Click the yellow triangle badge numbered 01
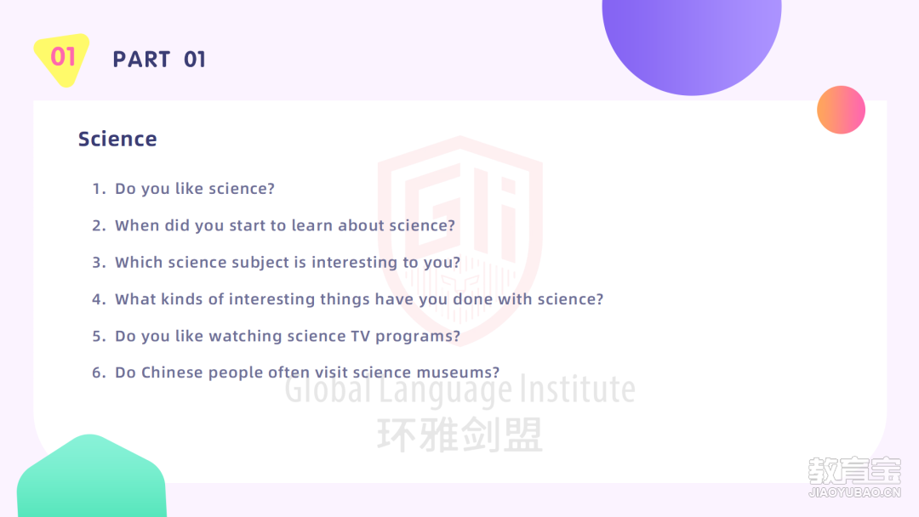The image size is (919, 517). coord(61,59)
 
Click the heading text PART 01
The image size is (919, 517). coord(159,60)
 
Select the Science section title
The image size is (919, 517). coord(117,139)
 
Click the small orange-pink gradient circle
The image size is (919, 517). coord(841,110)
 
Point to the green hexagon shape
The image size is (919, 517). coord(91,477)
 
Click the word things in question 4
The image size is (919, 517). coord(344,300)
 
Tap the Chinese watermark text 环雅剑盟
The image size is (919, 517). coord(460,435)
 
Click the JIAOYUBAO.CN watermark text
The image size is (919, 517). coord(854,492)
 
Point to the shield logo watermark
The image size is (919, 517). coord(460,240)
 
